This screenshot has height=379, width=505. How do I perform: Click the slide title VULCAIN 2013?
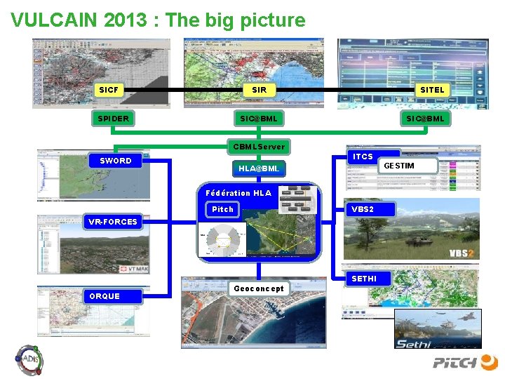coord(158,20)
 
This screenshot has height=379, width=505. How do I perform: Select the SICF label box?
coord(109,90)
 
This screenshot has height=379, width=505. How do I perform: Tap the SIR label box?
coord(259,90)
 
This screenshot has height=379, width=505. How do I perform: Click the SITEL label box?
coord(431,90)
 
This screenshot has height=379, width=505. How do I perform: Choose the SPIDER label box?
coord(113,119)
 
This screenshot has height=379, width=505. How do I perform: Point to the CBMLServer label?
coord(259,147)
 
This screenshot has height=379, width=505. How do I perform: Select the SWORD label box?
coord(115,161)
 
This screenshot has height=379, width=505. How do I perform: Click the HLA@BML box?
coord(259,168)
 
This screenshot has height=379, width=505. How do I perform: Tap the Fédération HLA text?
coord(238,193)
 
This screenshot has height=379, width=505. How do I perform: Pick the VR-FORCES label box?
coord(112,222)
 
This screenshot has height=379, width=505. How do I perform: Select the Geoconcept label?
coord(259,288)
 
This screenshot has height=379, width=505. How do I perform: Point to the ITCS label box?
coord(363,157)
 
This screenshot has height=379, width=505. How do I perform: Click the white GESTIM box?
coord(408,166)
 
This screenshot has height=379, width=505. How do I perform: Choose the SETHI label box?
coord(363,279)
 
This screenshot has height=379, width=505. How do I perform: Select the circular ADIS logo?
coord(29,360)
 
